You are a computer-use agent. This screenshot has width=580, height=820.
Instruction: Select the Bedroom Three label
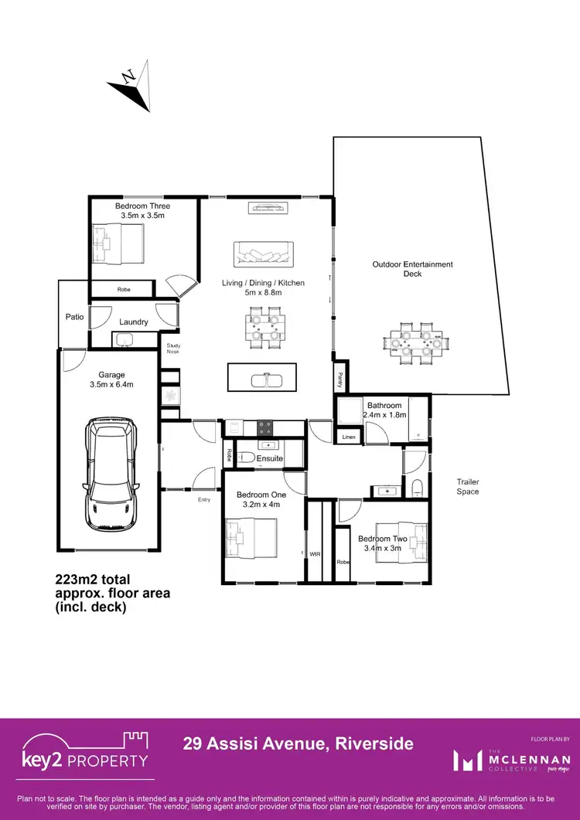pyautogui.click(x=142, y=206)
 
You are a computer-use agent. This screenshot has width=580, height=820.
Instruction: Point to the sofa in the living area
pyautogui.click(x=264, y=253)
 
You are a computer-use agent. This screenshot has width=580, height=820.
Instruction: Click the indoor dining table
pyautogui.click(x=264, y=325)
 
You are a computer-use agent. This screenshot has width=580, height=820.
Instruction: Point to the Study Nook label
pyautogui.click(x=172, y=349)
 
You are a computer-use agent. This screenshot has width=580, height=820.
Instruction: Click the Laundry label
pyautogui.click(x=134, y=322)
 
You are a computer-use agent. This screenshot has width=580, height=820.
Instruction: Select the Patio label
pyautogui.click(x=74, y=316)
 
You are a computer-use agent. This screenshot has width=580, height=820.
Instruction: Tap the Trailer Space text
pyautogui.click(x=467, y=486)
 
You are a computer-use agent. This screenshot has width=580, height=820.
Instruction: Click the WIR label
pyautogui.click(x=315, y=554)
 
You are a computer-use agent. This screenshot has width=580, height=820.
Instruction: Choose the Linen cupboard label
pyautogui.click(x=349, y=438)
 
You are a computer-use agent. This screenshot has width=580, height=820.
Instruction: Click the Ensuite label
pyautogui.click(x=270, y=459)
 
